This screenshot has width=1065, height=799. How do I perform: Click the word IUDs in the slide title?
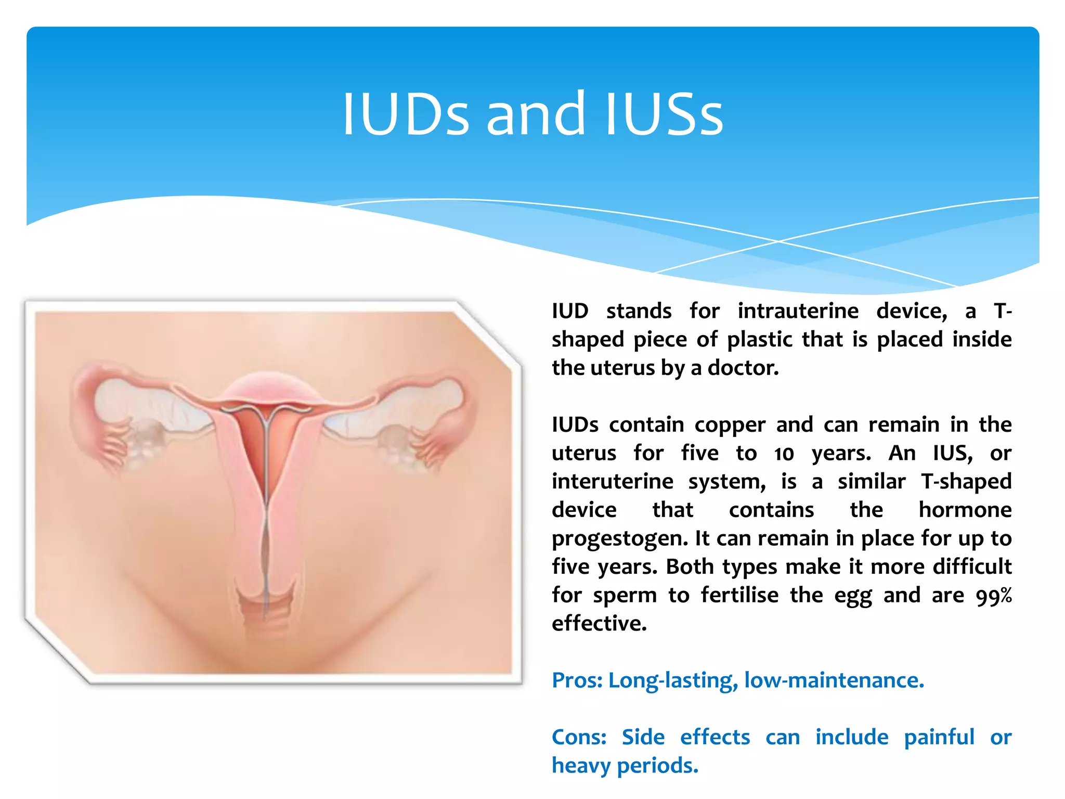tap(406, 114)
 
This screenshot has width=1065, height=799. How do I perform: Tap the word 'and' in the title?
tap(536, 114)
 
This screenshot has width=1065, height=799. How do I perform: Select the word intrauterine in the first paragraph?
tap(798, 311)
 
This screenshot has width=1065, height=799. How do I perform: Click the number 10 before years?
tap(784, 454)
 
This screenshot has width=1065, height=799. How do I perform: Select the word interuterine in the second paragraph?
tap(612, 482)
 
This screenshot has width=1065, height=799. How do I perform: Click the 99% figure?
tap(993, 596)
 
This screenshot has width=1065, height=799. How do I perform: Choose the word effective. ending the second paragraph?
tap(599, 623)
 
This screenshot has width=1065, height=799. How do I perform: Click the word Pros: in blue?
tap(577, 680)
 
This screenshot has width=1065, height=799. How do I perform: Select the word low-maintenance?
tap(834, 680)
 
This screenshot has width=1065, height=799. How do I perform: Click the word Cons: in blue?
tap(579, 738)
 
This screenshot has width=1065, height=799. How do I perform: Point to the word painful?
tap(939, 738)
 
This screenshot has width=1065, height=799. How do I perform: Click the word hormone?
tap(965, 510)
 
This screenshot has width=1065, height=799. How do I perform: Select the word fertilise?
tap(739, 595)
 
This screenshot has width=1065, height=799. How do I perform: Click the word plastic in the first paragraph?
tap(759, 340)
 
